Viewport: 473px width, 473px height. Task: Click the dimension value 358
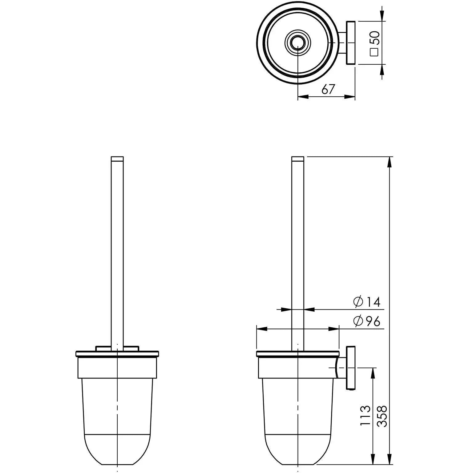click(382, 416)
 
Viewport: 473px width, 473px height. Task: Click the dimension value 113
click(365, 416)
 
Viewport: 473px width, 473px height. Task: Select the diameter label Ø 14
click(366, 302)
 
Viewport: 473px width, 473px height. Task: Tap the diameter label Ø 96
click(366, 321)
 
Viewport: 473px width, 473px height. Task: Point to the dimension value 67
click(328, 89)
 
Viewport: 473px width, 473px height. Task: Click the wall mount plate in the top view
click(351, 43)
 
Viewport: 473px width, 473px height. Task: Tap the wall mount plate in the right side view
click(351, 368)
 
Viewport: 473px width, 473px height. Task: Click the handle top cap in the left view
click(117, 159)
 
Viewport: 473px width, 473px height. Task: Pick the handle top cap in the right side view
click(298, 159)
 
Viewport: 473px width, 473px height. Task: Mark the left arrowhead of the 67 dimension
click(303, 97)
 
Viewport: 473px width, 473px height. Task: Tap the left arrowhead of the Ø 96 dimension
click(261, 329)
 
